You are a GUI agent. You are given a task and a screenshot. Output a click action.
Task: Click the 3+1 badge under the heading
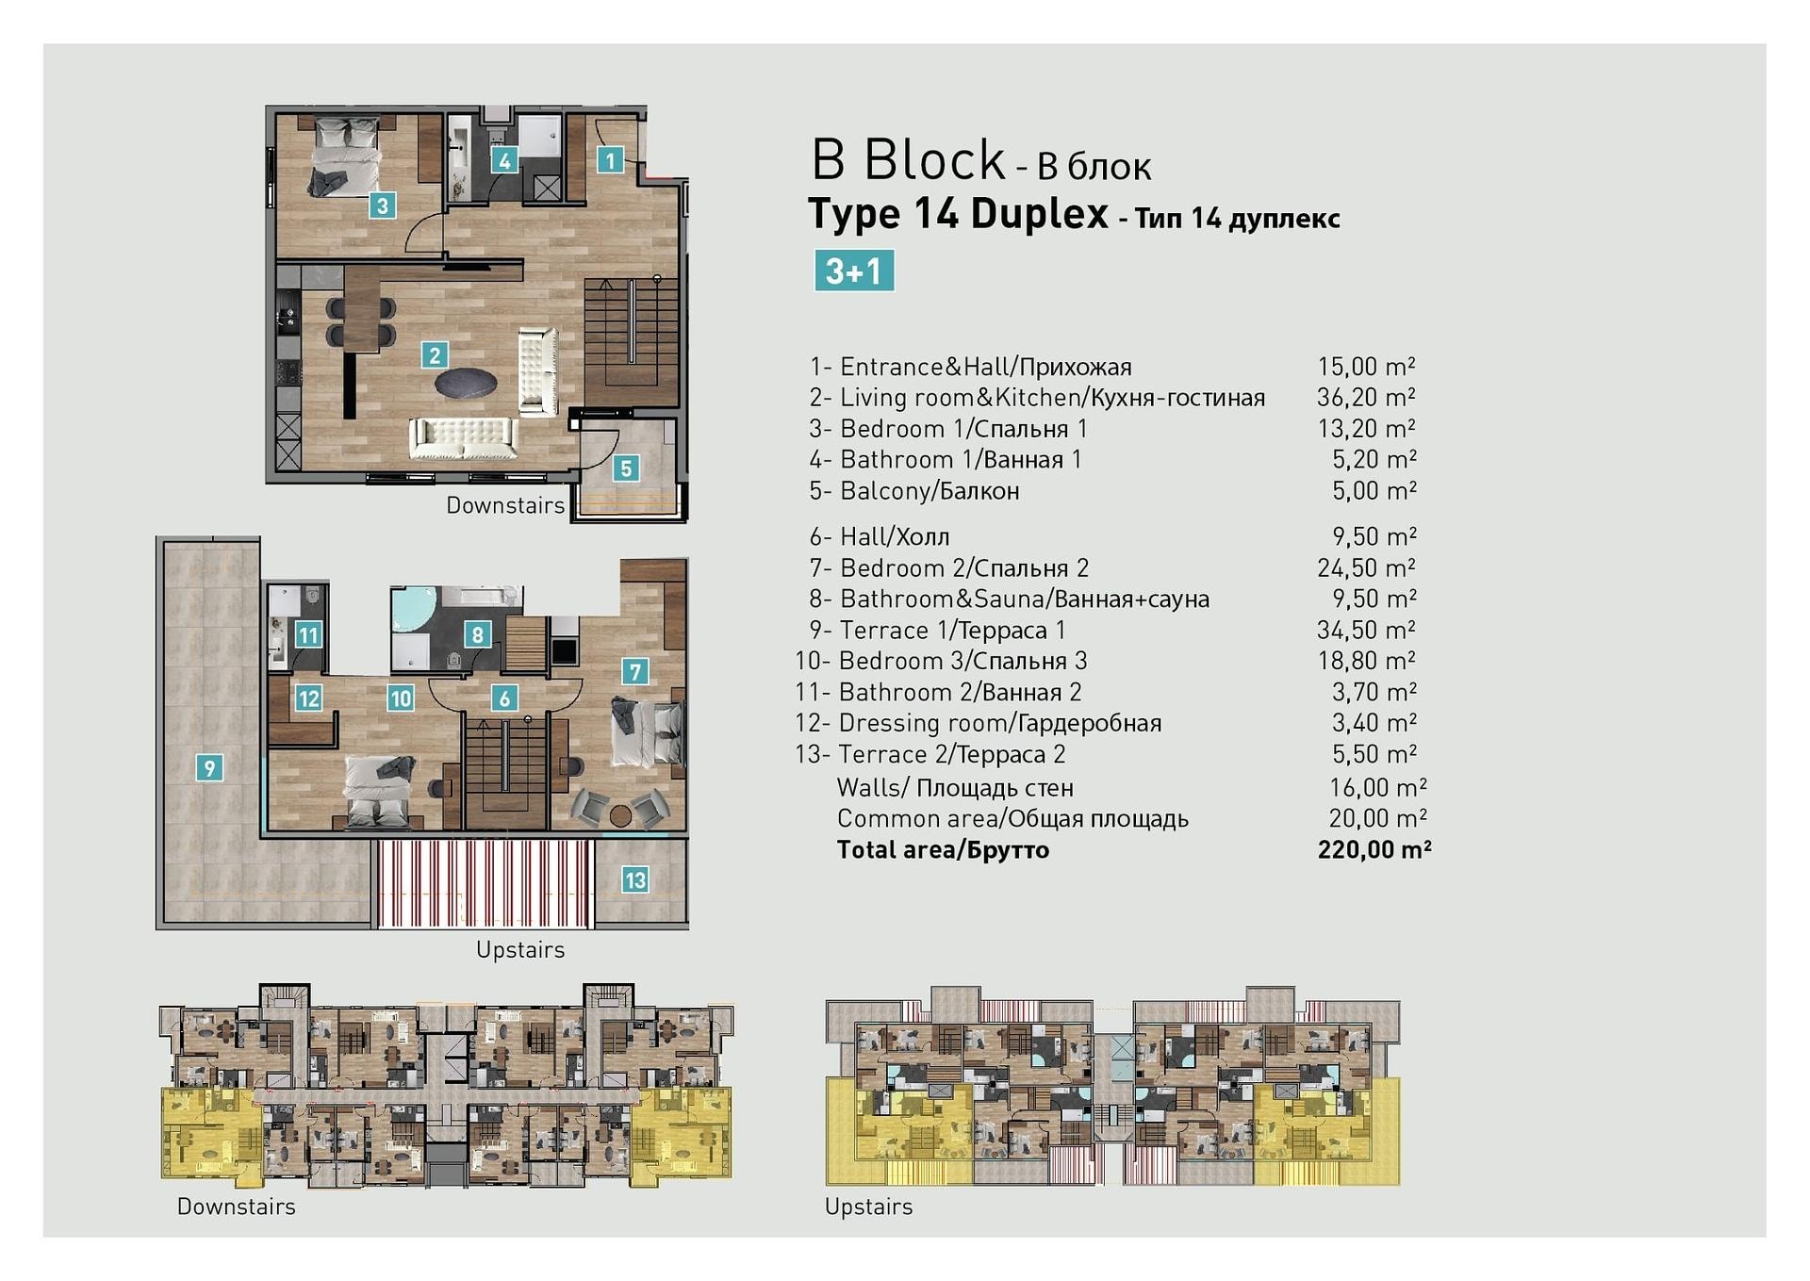click(x=854, y=271)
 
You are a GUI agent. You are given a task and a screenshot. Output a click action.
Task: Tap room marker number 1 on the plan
click(x=610, y=160)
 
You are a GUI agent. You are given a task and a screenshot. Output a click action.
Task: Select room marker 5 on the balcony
click(x=626, y=468)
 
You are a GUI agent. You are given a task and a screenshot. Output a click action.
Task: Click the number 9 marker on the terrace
click(x=209, y=767)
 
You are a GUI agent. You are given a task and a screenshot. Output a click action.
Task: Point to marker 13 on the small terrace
click(x=634, y=880)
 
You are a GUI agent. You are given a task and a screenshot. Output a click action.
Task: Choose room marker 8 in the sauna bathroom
click(x=477, y=634)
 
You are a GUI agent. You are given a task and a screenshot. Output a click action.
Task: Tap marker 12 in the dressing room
click(x=308, y=698)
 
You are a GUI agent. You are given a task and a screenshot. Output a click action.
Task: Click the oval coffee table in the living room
click(x=466, y=384)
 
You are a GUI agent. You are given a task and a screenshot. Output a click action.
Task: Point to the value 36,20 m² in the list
click(x=1366, y=398)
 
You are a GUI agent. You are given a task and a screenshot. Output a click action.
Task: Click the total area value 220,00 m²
click(x=1374, y=849)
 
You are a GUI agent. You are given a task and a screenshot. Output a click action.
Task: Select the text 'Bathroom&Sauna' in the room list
click(x=943, y=599)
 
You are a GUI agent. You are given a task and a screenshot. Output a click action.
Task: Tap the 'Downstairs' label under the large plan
click(x=505, y=505)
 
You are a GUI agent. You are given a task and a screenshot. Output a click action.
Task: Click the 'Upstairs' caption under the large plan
click(x=520, y=950)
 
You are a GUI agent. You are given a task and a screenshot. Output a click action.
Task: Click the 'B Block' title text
click(x=909, y=159)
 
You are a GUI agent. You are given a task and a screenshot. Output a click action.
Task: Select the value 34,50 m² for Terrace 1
click(x=1366, y=630)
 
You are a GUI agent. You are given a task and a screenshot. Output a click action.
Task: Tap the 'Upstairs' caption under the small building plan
click(x=868, y=1207)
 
